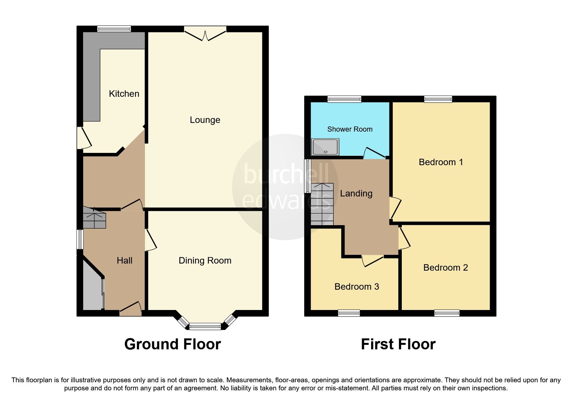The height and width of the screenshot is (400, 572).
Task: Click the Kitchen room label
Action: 124,94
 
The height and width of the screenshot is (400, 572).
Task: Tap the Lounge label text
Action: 205,120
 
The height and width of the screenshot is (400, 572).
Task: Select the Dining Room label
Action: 205,261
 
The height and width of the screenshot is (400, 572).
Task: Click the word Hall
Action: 124,261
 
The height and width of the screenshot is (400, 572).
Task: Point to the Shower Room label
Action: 350,129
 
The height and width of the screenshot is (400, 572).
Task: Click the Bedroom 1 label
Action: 441,162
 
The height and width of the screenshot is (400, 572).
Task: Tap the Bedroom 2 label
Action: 445,267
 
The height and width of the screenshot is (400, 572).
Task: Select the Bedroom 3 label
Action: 357,286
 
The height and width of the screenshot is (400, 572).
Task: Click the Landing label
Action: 356,194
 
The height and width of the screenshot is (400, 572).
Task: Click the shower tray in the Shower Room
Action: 325,146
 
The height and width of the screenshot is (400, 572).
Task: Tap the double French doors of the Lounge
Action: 205,34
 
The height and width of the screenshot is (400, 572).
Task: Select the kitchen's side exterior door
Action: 82,138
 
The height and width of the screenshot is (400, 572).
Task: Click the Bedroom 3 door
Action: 372,261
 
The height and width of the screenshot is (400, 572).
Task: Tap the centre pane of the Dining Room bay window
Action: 205,327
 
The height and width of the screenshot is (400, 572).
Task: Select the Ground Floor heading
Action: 172,344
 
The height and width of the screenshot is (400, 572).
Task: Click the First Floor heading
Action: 398,344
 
